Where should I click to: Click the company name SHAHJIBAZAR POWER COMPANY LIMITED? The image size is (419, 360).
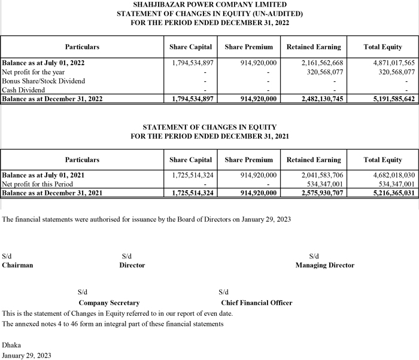point(209,5)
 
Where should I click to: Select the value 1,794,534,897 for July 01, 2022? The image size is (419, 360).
point(193,62)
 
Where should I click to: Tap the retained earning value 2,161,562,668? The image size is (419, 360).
point(322,62)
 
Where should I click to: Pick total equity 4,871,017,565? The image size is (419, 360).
point(389,62)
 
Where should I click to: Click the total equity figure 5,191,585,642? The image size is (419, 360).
point(389,99)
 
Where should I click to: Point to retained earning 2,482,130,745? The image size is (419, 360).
point(322,99)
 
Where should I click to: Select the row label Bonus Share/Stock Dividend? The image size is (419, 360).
point(44,81)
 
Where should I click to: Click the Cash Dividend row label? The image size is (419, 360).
point(24,90)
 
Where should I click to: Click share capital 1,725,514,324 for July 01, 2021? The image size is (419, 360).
point(193,175)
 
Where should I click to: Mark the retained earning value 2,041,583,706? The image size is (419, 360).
point(322,175)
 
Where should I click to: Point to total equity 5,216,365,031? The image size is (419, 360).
point(389,193)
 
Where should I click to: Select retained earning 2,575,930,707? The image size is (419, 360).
point(322,193)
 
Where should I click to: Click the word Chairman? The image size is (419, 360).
point(18,265)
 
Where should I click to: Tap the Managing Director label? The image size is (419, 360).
point(325,265)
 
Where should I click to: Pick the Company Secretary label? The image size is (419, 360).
point(109,303)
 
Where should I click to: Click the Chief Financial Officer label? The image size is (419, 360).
point(257,303)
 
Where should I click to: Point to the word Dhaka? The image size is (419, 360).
point(12,345)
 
